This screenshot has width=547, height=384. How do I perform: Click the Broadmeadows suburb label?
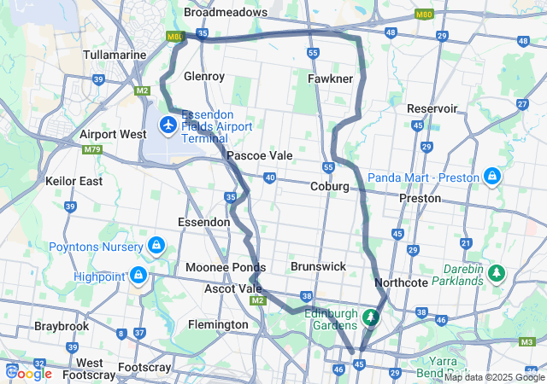[226, 13]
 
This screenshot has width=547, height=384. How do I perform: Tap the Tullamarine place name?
[116, 55]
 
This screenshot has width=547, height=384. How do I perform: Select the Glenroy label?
[204, 76]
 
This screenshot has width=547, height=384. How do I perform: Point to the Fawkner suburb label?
[330, 79]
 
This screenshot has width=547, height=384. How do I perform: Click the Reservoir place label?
[432, 108]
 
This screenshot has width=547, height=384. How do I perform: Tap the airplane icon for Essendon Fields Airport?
[168, 126]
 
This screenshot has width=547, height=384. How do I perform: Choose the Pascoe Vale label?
[260, 156]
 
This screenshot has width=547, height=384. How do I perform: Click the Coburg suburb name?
[330, 186]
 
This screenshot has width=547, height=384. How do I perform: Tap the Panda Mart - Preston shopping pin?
[492, 177]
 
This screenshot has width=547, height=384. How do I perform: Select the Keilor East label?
[74, 181]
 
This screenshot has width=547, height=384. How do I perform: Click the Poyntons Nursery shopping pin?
[156, 247]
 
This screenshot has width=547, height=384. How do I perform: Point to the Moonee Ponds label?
[220, 267]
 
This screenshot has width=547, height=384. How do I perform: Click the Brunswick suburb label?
[318, 266]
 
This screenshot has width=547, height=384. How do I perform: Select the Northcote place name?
[401, 282]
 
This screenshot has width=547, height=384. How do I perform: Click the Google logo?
[29, 373]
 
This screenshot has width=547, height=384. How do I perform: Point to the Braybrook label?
[62, 326]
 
